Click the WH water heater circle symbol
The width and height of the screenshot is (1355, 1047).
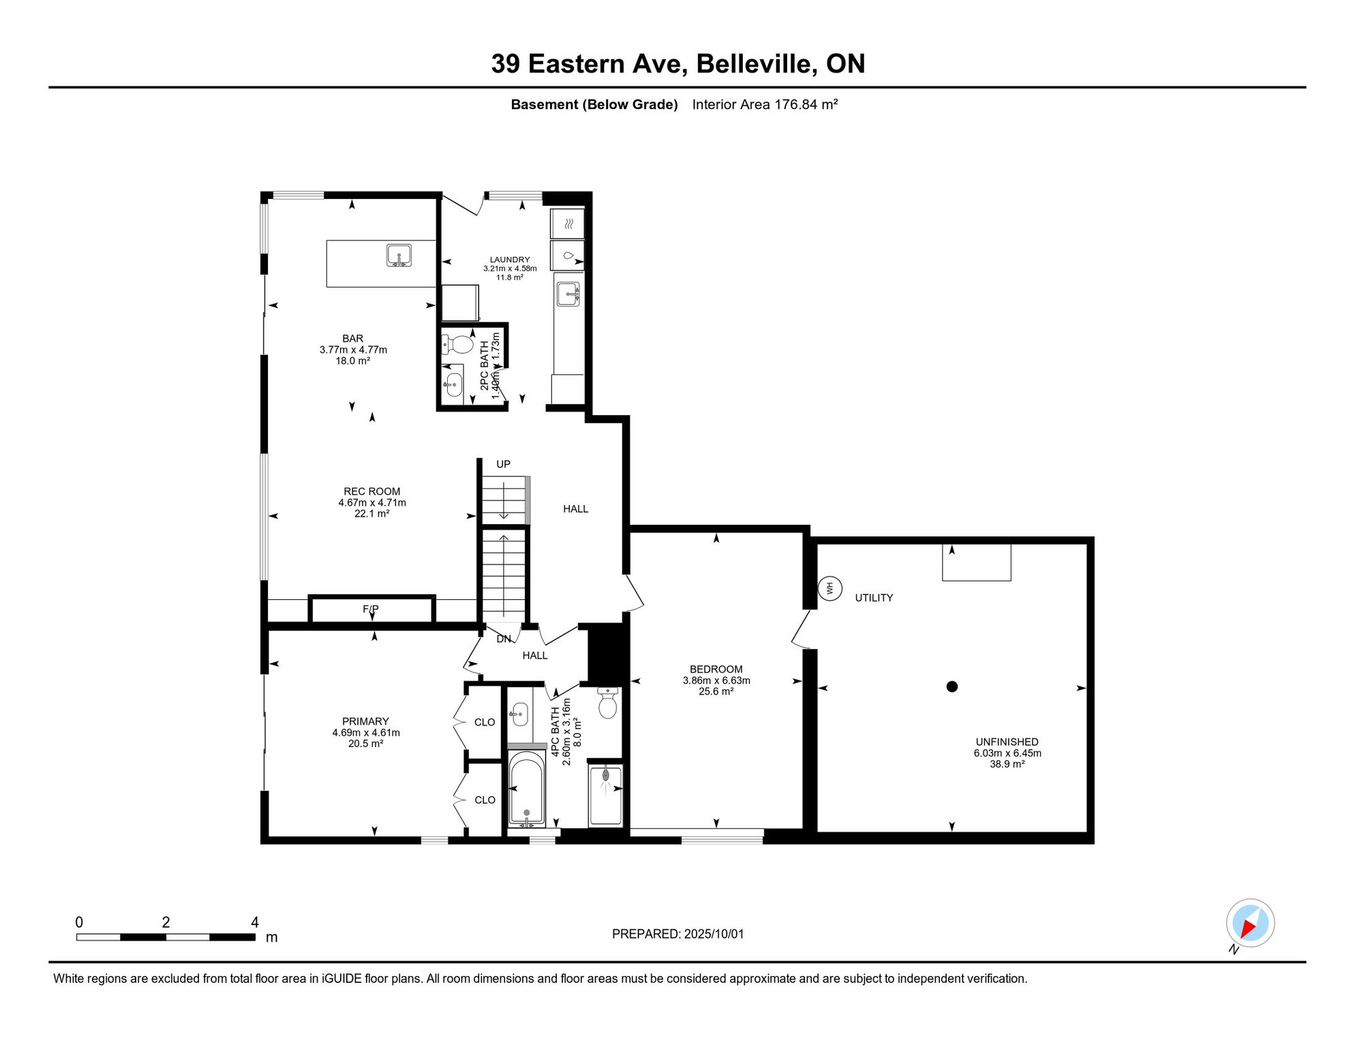tap(829, 588)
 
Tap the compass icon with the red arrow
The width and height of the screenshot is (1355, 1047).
tap(1250, 923)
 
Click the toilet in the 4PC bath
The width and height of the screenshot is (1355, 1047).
tap(607, 703)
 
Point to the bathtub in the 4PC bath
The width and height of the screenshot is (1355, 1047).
tap(526, 787)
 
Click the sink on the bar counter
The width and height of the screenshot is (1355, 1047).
tap(399, 256)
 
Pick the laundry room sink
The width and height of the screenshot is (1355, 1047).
tap(568, 294)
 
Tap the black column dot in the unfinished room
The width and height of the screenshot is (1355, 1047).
tap(952, 686)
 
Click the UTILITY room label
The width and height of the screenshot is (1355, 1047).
tap(874, 598)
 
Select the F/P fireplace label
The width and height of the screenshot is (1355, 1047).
tap(370, 609)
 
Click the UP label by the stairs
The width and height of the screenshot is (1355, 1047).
tap(503, 464)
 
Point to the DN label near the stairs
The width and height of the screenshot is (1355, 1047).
tap(504, 639)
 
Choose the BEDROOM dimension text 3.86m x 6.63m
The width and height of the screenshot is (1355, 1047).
tap(716, 680)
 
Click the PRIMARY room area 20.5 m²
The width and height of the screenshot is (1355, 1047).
tap(365, 744)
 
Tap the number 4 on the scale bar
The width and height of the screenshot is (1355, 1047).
tap(255, 922)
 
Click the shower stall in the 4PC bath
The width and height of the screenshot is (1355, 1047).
tap(605, 795)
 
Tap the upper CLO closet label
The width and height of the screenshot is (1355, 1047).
tap(485, 723)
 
